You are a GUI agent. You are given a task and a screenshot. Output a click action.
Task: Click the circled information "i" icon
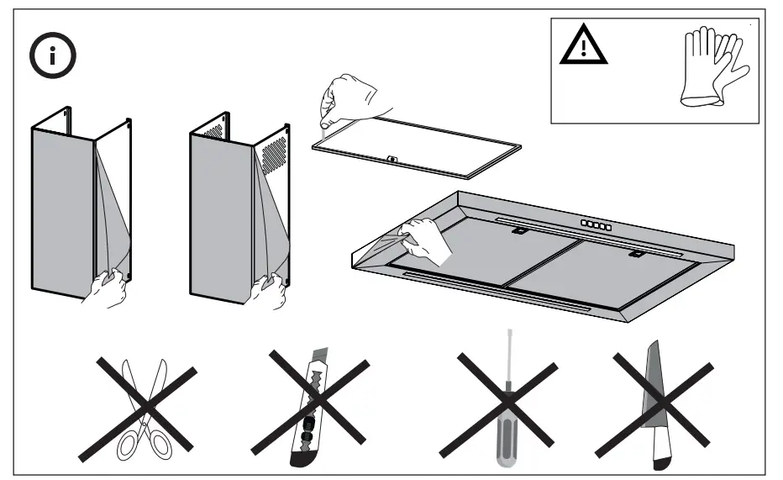(x=54, y=57)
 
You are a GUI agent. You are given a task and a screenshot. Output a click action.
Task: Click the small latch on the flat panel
(x=392, y=157)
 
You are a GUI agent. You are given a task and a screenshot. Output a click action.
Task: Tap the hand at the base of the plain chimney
(x=108, y=288)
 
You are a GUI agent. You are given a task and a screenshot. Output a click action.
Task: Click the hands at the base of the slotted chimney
(x=269, y=288)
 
